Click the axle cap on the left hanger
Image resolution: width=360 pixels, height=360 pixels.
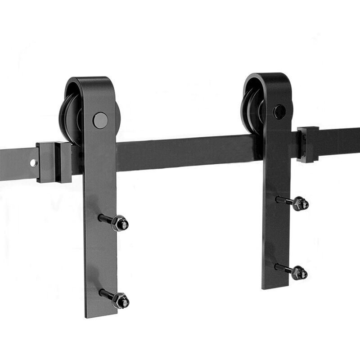click(100, 120)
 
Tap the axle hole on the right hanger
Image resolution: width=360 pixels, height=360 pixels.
click(279, 112)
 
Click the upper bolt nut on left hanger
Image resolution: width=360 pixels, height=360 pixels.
click(120, 223)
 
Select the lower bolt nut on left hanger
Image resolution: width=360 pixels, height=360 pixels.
click(121, 300)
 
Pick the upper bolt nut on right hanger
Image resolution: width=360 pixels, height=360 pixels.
click(300, 203)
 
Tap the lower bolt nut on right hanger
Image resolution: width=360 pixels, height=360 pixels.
click(299, 272)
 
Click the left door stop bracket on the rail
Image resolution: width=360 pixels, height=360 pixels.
click(54, 162)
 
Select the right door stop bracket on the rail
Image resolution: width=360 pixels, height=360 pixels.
click(308, 144)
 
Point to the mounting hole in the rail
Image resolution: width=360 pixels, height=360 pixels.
click(33, 163)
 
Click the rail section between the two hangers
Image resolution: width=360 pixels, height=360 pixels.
click(189, 153)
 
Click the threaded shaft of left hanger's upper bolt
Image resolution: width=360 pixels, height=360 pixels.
click(106, 219)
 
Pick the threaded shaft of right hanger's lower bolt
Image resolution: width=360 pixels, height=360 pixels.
click(283, 269)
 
